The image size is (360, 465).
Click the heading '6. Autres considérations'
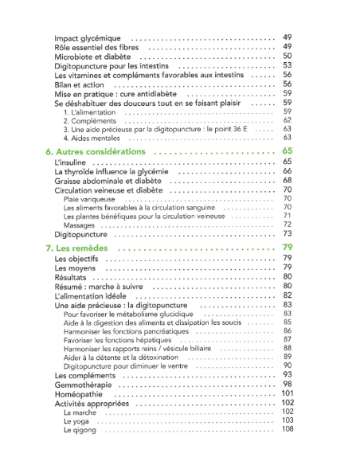[x=96, y=150]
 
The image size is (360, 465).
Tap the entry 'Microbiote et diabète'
[x=93, y=57]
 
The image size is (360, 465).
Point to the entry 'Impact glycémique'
[x=88, y=38]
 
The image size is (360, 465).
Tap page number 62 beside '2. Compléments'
[x=288, y=120]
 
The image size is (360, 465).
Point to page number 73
[x=288, y=234]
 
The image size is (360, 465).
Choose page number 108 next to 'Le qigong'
[x=288, y=430]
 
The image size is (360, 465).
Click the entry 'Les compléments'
[x=88, y=374]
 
